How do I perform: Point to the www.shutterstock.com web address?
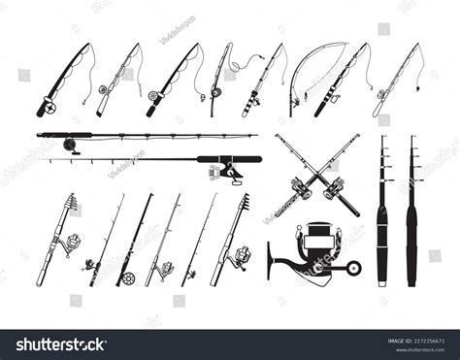416,349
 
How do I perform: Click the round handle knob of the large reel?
355,268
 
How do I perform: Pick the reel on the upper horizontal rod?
70,144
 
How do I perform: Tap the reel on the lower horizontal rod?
230,172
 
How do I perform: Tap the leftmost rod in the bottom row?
58,238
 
